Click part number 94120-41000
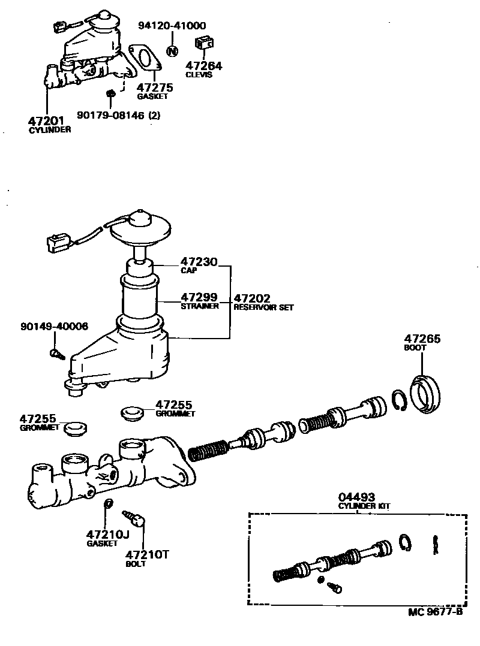172,26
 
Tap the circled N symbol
172,50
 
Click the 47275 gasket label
154,87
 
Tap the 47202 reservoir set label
252,297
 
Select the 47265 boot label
422,339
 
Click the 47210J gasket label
107,535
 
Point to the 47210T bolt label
147,555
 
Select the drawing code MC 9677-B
435,612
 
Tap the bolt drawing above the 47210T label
135,517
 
